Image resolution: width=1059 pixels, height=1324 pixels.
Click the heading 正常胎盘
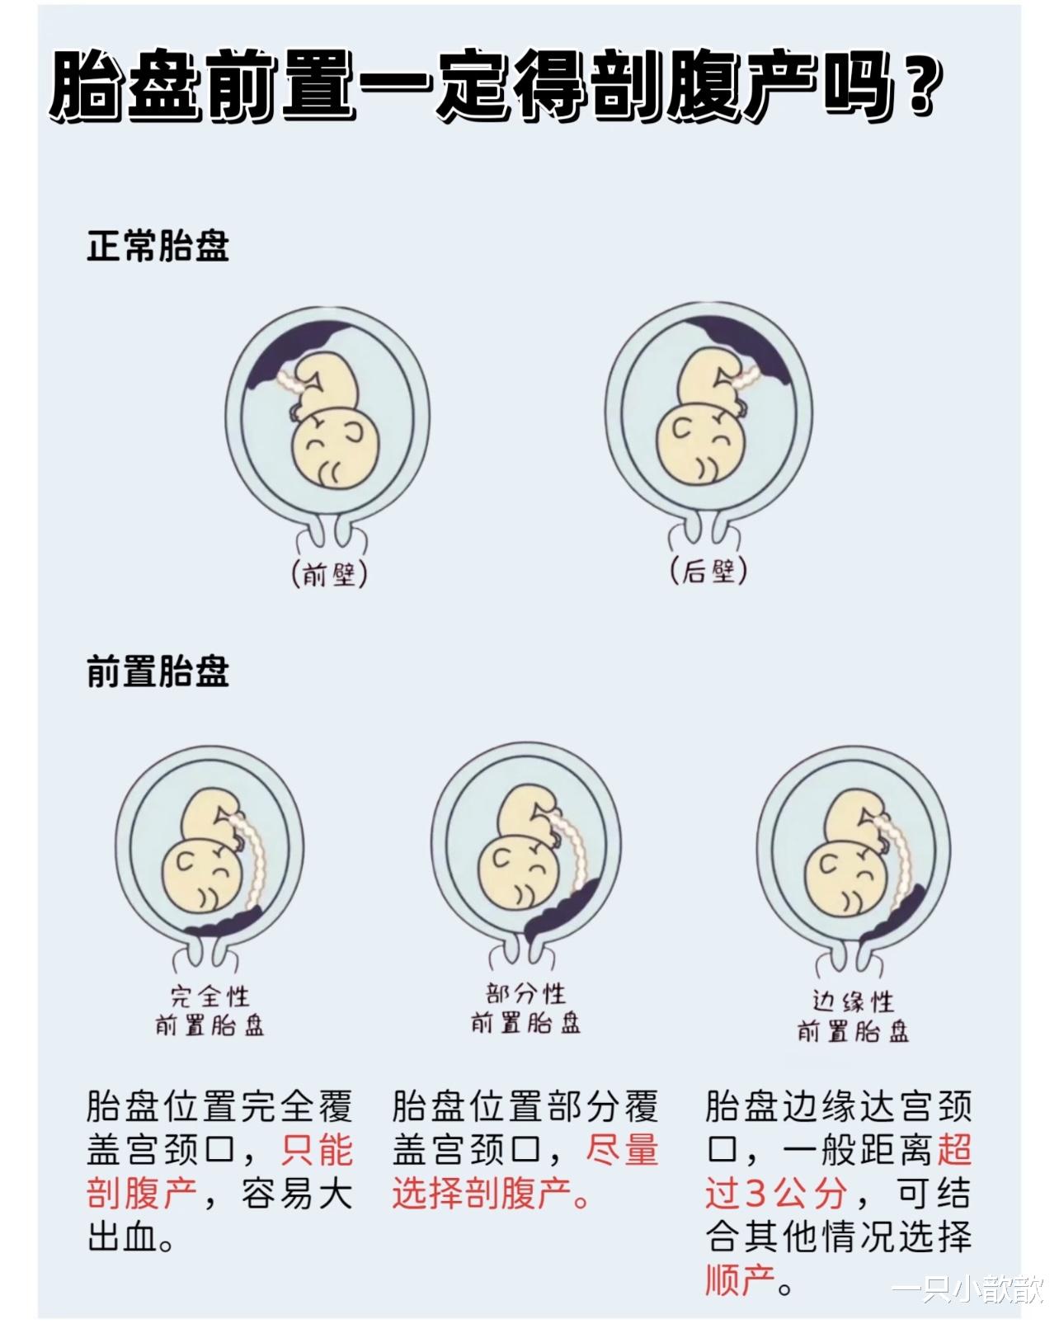[x=158, y=246]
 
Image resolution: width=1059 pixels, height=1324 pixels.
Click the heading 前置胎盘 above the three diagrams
[x=158, y=671]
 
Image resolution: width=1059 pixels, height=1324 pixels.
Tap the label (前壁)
[x=329, y=572]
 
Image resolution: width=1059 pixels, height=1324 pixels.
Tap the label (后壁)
[x=708, y=571]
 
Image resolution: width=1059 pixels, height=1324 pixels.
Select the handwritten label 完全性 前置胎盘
[x=209, y=1011]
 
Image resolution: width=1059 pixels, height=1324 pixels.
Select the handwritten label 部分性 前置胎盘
[x=525, y=1008]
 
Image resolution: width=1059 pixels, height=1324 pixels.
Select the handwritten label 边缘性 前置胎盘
[x=853, y=1016]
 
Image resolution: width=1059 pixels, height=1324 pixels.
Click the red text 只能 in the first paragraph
[x=318, y=1150]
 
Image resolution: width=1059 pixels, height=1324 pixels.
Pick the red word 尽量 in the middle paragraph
[x=623, y=1150]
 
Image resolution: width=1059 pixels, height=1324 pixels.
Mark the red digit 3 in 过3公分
[x=755, y=1194]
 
